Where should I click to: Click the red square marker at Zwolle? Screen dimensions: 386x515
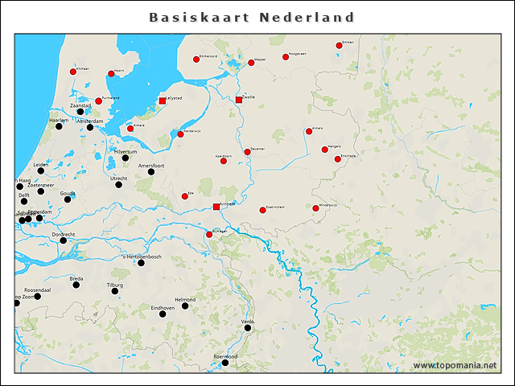(239, 101)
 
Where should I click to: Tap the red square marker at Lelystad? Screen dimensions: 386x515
(163, 101)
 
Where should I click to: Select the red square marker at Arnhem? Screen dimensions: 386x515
(216, 207)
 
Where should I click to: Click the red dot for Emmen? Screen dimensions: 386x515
(340, 46)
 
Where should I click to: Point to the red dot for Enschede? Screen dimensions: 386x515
(338, 159)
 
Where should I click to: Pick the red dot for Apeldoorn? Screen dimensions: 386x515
(224, 161)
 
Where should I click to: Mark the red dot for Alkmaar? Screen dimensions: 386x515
(73, 72)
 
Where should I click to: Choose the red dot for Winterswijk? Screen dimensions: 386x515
(316, 208)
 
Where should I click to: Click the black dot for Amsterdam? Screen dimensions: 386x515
(90, 127)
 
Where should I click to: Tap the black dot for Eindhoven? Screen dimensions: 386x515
(163, 314)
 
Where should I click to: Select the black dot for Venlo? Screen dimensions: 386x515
(248, 327)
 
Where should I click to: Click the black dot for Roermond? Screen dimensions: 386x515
(225, 363)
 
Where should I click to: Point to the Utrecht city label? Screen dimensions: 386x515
(118, 178)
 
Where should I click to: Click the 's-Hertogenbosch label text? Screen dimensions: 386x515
(141, 257)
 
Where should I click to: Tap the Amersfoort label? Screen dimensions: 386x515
(151, 165)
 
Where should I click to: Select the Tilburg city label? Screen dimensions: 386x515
(115, 285)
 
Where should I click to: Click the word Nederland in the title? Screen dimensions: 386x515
(307, 17)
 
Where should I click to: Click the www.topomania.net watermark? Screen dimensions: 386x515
(455, 366)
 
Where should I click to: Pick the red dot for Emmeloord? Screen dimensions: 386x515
(196, 60)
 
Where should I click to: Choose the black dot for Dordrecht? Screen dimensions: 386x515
(64, 240)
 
